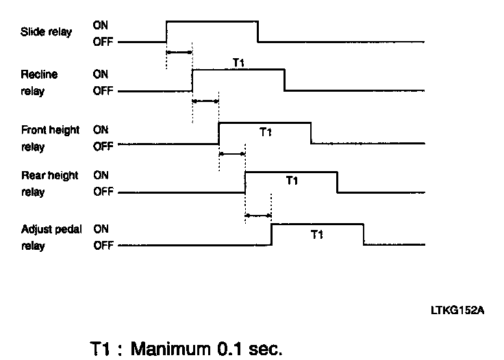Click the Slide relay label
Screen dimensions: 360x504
point(46,32)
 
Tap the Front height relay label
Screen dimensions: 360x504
point(50,137)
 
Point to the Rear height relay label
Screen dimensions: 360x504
point(49,183)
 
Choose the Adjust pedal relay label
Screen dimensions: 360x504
point(51,237)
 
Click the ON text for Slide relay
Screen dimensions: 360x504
point(99,25)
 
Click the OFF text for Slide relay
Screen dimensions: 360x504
point(102,41)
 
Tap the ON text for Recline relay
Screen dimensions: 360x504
point(100,75)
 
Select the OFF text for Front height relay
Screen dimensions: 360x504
point(103,145)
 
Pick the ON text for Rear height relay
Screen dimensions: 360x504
point(100,175)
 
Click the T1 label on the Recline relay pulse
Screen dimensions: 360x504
point(239,63)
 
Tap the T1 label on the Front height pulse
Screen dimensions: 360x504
point(266,132)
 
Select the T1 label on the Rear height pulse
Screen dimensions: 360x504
point(292,181)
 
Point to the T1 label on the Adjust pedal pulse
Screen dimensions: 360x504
point(317,235)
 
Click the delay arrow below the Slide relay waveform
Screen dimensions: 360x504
point(179,52)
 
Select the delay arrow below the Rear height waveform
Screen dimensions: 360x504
point(258,216)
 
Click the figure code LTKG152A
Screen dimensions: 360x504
point(457,311)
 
